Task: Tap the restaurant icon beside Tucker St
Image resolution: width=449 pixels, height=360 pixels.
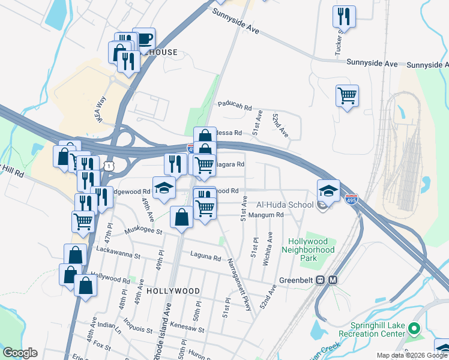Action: tap(344, 17)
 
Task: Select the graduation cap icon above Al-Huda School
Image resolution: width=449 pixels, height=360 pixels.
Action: tap(328, 191)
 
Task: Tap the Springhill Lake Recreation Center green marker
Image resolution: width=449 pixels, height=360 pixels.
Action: tap(414, 328)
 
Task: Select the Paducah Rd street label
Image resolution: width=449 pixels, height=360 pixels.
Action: tap(235, 106)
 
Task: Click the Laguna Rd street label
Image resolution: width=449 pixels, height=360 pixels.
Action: tap(206, 257)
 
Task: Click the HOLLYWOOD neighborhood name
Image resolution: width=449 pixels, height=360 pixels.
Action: tap(173, 290)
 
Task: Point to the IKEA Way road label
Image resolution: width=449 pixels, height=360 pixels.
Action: tap(101, 109)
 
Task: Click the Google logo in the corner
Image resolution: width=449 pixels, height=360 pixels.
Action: tap(20, 353)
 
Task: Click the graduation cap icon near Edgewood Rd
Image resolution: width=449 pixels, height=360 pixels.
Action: tap(164, 188)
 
